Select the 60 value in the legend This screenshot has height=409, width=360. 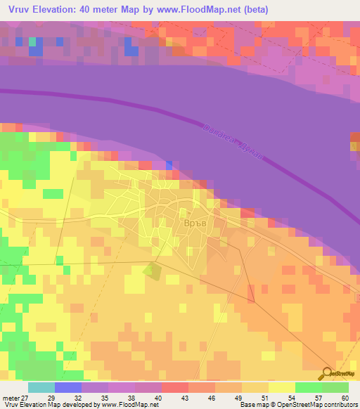[x=344, y=397]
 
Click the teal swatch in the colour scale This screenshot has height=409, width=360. [x=41, y=387]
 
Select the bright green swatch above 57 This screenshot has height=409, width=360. [x=308, y=387]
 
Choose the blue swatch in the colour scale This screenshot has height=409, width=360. [x=68, y=387]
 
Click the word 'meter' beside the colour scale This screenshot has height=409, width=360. [x=10, y=397]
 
